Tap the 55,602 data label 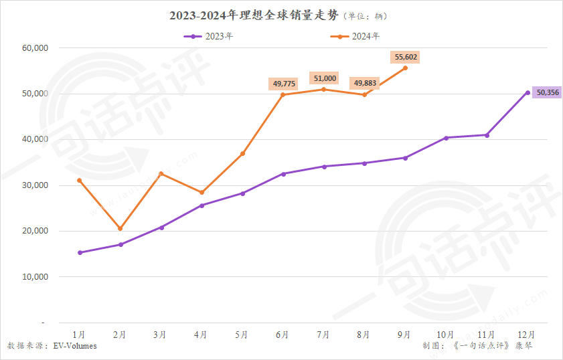point(404,58)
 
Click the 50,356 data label point(546,92)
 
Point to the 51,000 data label point(324,78)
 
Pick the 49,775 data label point(283,84)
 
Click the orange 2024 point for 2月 point(120,229)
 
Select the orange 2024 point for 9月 point(405,68)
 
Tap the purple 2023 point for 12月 point(528,92)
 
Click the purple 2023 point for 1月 point(80,252)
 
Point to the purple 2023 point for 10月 point(446,138)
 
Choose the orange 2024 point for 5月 point(242,154)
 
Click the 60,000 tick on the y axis point(35,48)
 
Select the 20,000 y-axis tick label point(35,231)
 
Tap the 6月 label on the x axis point(283,334)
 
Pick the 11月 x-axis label point(487,334)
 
